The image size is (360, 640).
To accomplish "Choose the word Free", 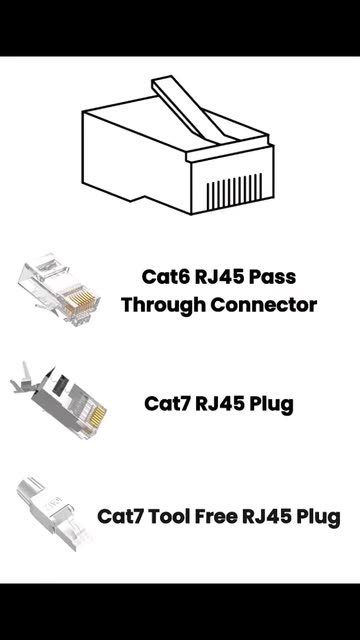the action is [x=216, y=517].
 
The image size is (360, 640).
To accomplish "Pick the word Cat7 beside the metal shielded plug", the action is [x=167, y=404].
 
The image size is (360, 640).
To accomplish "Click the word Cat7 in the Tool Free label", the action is [x=120, y=517].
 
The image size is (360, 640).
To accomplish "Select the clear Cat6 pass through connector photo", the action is [x=59, y=289].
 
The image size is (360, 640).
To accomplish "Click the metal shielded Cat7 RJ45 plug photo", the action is [x=59, y=400].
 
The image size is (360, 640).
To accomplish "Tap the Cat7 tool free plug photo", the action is [x=52, y=513].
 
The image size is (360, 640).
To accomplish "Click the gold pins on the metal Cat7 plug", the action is [x=98, y=415].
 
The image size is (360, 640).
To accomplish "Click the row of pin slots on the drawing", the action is [x=234, y=191].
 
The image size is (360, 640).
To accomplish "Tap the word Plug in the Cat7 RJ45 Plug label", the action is [x=271, y=404].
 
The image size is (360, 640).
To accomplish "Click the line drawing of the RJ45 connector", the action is [x=178, y=145].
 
